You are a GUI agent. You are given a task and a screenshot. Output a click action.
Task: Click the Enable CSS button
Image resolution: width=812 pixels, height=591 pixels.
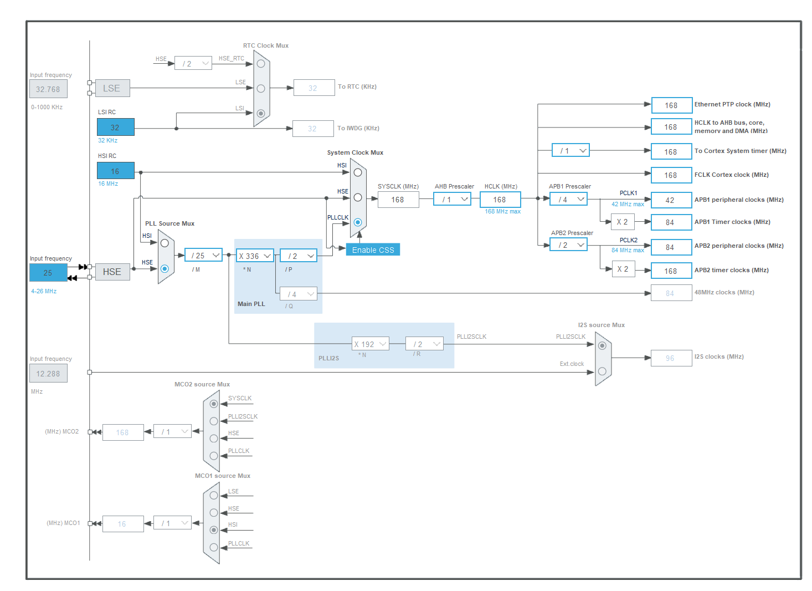373,250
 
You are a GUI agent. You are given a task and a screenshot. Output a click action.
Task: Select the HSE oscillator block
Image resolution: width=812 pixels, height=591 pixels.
112,272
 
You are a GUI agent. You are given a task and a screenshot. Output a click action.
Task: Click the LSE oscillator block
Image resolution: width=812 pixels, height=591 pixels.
112,88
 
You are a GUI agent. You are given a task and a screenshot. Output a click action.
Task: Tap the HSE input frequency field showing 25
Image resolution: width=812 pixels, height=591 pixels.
48,273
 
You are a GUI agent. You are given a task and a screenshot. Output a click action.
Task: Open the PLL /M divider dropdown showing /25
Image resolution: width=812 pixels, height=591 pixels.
203,256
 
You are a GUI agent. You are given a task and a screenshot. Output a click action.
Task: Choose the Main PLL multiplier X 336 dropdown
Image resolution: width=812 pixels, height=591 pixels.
255,256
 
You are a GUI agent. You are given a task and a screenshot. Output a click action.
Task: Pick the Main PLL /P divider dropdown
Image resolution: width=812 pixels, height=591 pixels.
299,256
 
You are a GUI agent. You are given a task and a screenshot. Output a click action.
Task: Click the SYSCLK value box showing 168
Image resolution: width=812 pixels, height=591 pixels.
398,200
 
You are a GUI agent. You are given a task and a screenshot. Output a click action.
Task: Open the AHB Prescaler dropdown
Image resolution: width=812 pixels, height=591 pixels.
453,200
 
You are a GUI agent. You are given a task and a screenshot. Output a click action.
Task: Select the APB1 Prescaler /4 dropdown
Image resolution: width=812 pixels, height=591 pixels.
569,200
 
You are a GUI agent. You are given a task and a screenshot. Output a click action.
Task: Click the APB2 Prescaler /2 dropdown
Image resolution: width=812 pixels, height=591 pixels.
569,245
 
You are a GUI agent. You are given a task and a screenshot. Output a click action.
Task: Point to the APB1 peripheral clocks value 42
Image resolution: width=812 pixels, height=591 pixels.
671,200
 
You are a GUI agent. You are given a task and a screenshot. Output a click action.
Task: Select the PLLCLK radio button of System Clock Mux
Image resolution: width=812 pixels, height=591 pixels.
358,222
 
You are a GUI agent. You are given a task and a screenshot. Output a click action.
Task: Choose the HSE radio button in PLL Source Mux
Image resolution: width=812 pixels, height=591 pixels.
165,269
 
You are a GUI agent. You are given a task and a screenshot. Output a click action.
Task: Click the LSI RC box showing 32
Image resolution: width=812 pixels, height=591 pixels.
115,128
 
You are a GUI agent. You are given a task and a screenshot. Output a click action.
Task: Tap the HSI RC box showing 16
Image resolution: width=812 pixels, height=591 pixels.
115,171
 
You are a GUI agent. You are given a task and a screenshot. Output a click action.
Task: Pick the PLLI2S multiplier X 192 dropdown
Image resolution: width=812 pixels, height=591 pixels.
370,344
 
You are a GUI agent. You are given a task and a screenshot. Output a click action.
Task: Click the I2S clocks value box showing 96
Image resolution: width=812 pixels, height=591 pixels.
671,358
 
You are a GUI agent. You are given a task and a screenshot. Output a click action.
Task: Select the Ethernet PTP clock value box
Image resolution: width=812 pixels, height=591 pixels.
671,105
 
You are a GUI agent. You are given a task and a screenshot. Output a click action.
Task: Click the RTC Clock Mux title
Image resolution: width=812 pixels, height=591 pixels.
265,45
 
